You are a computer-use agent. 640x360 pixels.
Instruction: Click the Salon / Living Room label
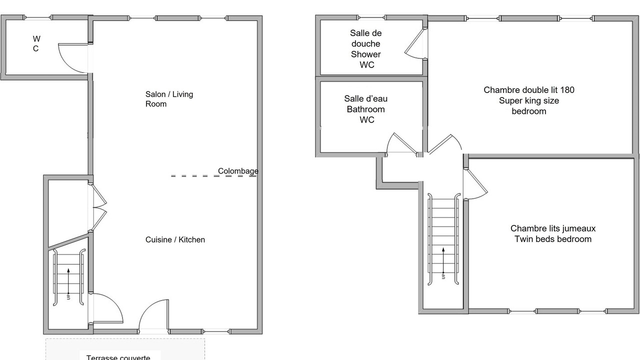point(169,99)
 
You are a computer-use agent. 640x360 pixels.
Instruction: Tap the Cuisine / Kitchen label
point(175,239)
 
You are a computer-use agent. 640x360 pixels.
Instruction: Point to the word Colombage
point(238,171)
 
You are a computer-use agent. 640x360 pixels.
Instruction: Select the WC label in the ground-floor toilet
point(36,43)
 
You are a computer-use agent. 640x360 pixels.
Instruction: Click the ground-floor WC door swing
point(71,55)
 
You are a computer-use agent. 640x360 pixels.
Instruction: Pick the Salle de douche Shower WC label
point(366,49)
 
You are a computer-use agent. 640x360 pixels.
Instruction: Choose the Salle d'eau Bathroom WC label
point(366,109)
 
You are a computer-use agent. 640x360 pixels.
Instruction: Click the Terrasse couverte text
point(118,357)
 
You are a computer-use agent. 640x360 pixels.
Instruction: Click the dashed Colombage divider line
point(195,176)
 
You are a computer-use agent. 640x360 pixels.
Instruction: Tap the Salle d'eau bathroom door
point(401,144)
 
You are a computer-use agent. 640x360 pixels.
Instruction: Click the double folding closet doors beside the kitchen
point(99,207)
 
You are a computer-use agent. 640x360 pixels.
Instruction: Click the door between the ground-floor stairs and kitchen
point(106,307)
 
